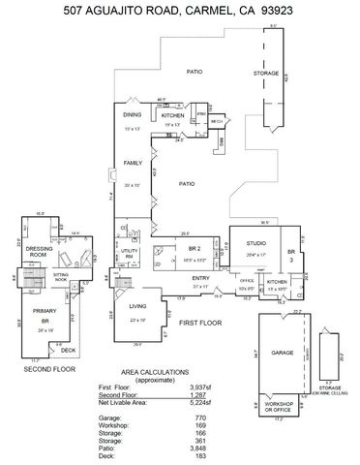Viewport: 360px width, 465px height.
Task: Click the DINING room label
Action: (x=133, y=114)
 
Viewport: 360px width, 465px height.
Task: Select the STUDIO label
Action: (x=255, y=242)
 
